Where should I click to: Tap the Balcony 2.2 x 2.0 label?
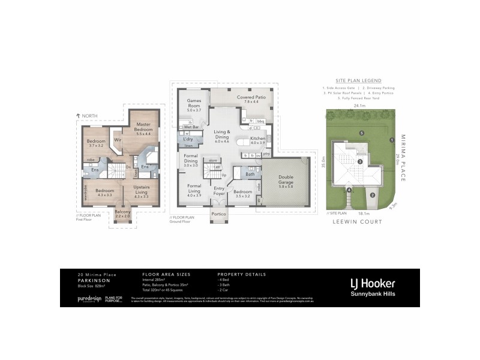point(122,214)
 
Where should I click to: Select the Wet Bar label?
point(192,127)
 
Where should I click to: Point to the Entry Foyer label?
point(218,191)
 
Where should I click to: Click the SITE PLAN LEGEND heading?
point(358,80)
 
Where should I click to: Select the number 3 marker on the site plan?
point(359,161)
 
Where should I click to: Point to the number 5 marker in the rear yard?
point(362,133)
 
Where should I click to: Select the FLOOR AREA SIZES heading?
point(158,274)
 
